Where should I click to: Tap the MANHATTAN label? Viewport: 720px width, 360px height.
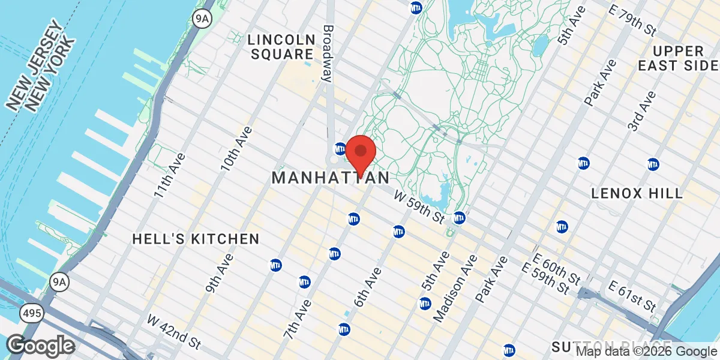331,178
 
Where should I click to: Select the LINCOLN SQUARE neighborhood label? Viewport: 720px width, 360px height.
281,47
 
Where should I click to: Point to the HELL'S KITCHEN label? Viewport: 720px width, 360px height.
196,239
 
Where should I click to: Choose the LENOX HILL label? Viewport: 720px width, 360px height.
637,193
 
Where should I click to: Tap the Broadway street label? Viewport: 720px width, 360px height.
328,53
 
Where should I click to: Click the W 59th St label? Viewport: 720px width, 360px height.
418,205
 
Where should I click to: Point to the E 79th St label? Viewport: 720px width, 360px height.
632,20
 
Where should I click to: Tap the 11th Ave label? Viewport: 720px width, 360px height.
170,175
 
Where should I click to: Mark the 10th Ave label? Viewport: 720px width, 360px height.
236,148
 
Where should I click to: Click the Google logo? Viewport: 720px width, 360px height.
40,345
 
